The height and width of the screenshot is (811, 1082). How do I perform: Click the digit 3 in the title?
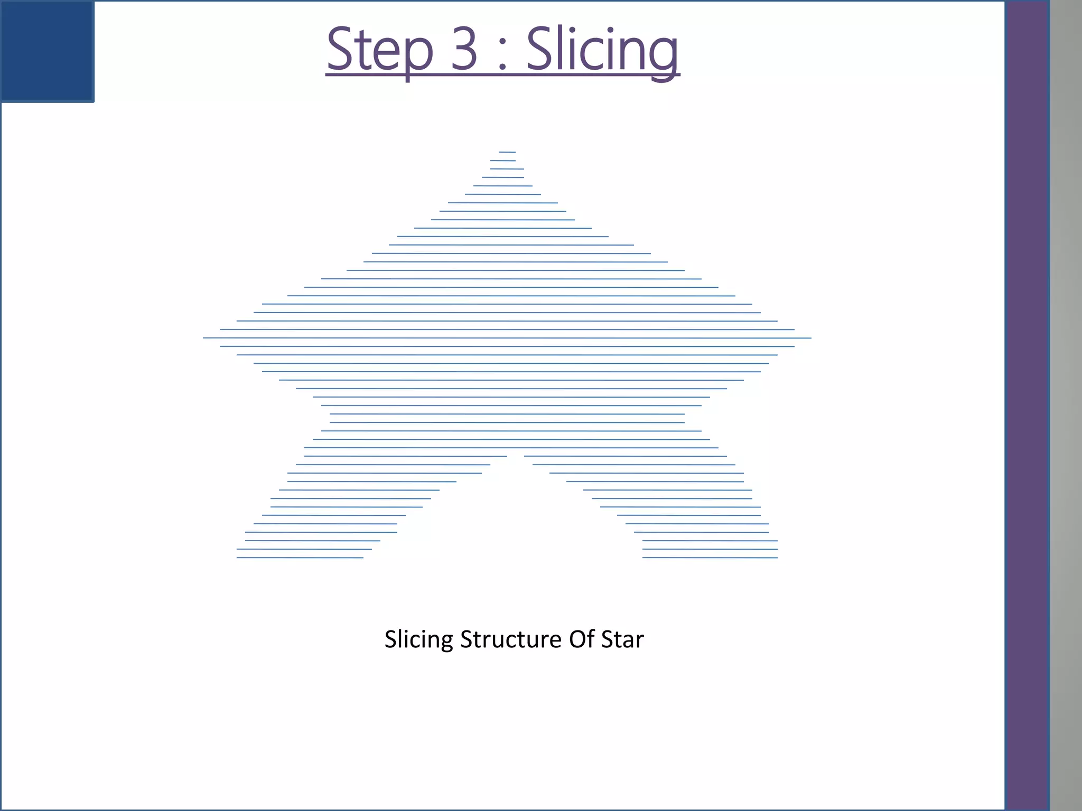(464, 49)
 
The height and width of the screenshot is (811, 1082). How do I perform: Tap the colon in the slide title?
(502, 55)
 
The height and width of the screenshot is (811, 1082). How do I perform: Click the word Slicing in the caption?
(418, 639)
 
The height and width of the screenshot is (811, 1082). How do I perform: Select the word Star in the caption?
(622, 639)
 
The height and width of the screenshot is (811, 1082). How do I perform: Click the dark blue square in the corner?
(47, 51)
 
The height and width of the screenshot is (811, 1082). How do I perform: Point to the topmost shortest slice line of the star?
(507, 152)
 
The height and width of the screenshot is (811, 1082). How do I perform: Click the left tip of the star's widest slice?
(204, 338)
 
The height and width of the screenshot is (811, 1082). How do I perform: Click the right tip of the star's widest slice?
(810, 338)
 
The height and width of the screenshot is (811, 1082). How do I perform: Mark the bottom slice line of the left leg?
(300, 558)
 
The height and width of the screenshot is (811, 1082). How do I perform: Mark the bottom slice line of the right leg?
(710, 558)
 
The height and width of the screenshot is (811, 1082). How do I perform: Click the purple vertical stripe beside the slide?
(1027, 405)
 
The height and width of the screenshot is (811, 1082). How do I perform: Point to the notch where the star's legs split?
(515, 457)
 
